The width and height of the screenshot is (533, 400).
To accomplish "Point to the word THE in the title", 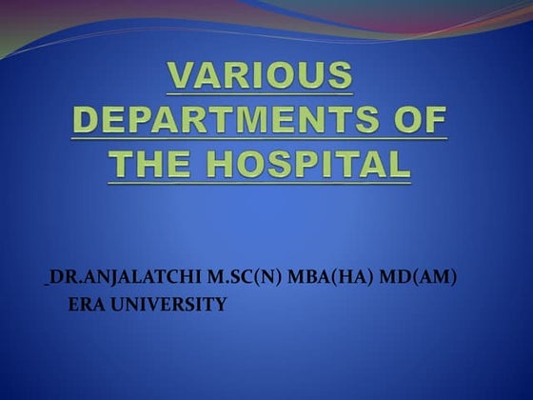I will (153, 164).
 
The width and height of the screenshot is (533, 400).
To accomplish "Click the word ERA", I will (85, 304).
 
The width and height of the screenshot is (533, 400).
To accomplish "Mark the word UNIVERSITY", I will (166, 304).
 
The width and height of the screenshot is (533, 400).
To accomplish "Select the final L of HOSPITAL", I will (401, 164).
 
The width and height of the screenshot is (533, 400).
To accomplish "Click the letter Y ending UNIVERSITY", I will (221, 304).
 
